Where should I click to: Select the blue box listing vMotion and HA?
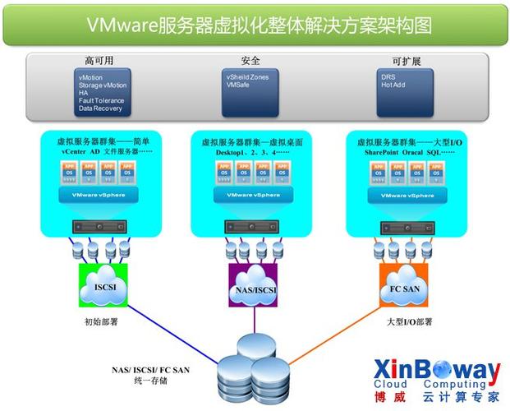(101, 91)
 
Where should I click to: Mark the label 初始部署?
(101, 322)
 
